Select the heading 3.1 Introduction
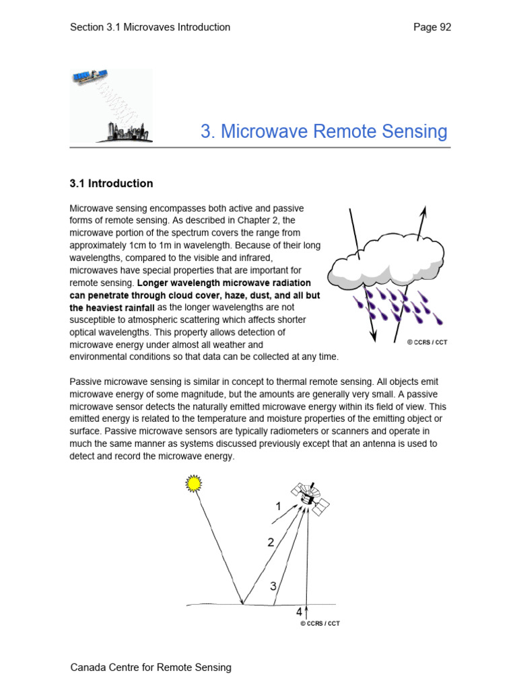(112, 184)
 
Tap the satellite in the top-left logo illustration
(90, 77)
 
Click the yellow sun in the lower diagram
(194, 483)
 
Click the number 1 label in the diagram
(278, 507)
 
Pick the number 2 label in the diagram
(271, 542)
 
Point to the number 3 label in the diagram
(273, 586)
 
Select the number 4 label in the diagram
(299, 612)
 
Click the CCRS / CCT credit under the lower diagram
(320, 624)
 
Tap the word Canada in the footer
(88, 667)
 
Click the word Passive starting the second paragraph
(88, 382)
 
